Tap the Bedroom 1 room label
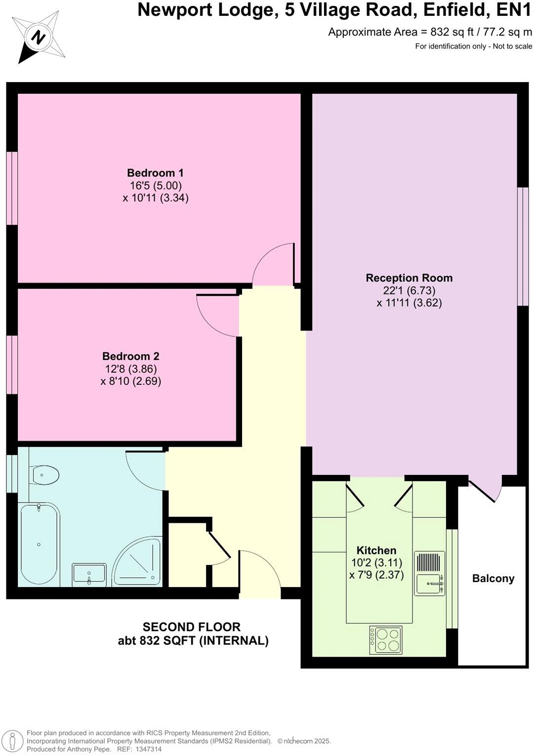pos(155,173)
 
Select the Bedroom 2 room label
pos(130,356)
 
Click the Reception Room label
pos(409,278)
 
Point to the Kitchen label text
pos(376,550)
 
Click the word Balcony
pos(493,579)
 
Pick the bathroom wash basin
pos(89,575)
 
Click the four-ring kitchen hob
pos(386,640)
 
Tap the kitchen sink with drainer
pos(429,574)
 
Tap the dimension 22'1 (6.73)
pos(409,291)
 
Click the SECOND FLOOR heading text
pos(192,627)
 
